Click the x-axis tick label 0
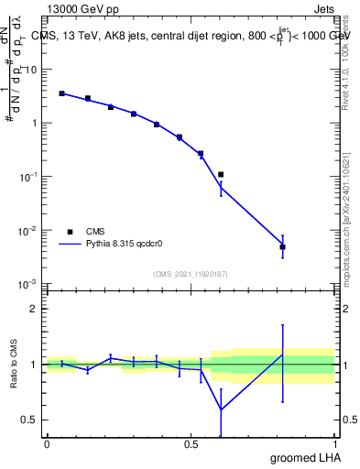click(47, 444)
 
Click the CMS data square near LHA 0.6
click(221, 174)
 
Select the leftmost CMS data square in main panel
click(61, 93)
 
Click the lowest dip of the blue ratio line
click(221, 409)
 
